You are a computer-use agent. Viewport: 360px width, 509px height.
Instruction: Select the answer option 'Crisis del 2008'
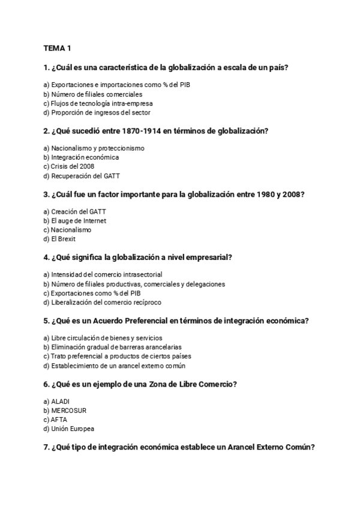pos(72,166)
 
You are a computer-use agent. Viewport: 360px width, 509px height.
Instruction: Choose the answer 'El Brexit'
pos(63,239)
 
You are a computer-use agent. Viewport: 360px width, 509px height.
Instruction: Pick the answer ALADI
pos(61,401)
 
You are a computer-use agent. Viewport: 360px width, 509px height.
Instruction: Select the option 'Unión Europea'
pos(73,429)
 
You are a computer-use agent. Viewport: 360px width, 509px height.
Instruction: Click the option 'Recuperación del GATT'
pos(81,176)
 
